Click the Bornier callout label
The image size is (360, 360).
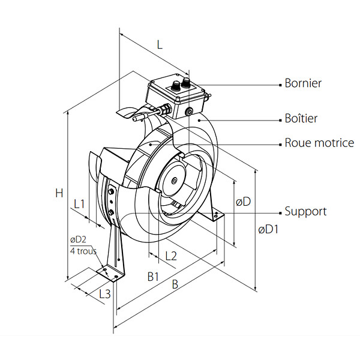click(303, 83)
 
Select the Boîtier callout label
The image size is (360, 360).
click(301, 118)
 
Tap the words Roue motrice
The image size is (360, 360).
click(319, 143)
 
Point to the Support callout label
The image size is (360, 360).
click(305, 211)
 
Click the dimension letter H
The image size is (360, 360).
click(59, 193)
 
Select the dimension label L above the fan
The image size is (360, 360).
click(160, 44)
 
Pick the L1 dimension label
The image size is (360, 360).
click(79, 204)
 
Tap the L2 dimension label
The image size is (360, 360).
click(171, 256)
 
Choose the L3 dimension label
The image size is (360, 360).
click(105, 293)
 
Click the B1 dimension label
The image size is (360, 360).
click(153, 277)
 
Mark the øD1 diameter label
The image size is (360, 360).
click(268, 229)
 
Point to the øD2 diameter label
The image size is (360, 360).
click(78, 239)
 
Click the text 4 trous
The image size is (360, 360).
click(83, 251)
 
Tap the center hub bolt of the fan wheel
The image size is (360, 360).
click(175, 181)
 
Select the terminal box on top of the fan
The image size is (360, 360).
click(176, 96)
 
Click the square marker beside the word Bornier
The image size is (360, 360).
click(280, 85)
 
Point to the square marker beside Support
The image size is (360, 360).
click(280, 213)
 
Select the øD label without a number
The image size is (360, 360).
click(244, 202)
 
